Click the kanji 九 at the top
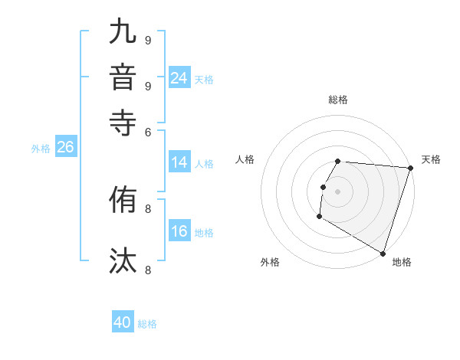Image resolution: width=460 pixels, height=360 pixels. (123, 34)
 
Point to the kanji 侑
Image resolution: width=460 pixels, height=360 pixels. (123, 201)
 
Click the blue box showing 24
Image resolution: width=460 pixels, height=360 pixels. (179, 78)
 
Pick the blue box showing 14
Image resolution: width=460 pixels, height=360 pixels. (179, 162)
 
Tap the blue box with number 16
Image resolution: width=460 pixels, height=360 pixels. (179, 232)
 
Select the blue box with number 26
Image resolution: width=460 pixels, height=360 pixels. (65, 148)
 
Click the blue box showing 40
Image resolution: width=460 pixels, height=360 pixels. (123, 323)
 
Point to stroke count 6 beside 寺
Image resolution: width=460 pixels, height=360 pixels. (147, 132)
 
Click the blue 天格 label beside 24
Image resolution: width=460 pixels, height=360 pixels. (204, 80)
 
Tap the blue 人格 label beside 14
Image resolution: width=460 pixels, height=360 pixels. (204, 163)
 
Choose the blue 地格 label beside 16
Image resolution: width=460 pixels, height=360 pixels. (204, 233)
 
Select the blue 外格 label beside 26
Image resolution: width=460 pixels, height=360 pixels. (41, 149)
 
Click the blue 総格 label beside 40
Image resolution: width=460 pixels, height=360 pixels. (147, 324)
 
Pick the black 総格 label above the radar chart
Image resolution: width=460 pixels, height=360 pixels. (337, 100)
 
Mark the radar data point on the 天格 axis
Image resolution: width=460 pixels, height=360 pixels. (410, 168)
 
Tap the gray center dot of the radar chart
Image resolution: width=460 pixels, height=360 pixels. (337, 191)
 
